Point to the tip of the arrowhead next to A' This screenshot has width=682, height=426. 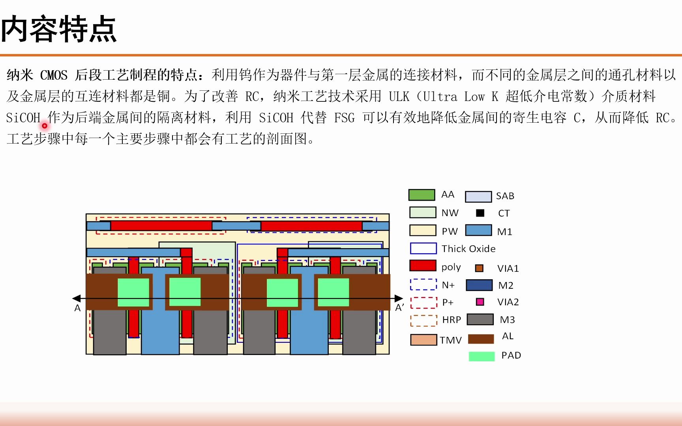pyautogui.click(x=403, y=298)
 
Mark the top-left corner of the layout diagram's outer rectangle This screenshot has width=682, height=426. pyautogui.click(x=86, y=214)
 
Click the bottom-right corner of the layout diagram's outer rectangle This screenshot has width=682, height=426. pyautogui.click(x=390, y=354)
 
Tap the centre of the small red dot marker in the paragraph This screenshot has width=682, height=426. pyautogui.click(x=45, y=126)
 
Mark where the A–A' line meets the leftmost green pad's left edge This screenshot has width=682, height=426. pyautogui.click(x=118, y=298)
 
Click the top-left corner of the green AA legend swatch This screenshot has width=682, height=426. pyautogui.click(x=409, y=190)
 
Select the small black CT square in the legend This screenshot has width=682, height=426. pyautogui.click(x=480, y=213)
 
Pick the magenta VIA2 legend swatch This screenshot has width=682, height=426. pyautogui.click(x=480, y=302)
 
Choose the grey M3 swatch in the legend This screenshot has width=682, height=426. pyautogui.click(x=480, y=319)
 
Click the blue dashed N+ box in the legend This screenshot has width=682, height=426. pyautogui.click(x=423, y=284)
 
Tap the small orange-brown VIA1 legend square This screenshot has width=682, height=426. pyautogui.click(x=479, y=268)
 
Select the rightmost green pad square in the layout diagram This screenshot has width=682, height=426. pyautogui.click(x=334, y=292)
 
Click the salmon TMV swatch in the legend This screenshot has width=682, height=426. pyautogui.click(x=423, y=340)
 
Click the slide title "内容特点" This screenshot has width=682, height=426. pyautogui.click(x=59, y=29)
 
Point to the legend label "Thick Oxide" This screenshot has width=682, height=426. pyautogui.click(x=468, y=248)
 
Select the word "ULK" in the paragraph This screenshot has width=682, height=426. pyautogui.click(x=399, y=96)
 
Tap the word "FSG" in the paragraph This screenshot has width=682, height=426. pyautogui.click(x=344, y=118)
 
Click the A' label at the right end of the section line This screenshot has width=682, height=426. pyautogui.click(x=399, y=308)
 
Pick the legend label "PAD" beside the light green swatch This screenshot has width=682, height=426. pyautogui.click(x=511, y=355)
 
